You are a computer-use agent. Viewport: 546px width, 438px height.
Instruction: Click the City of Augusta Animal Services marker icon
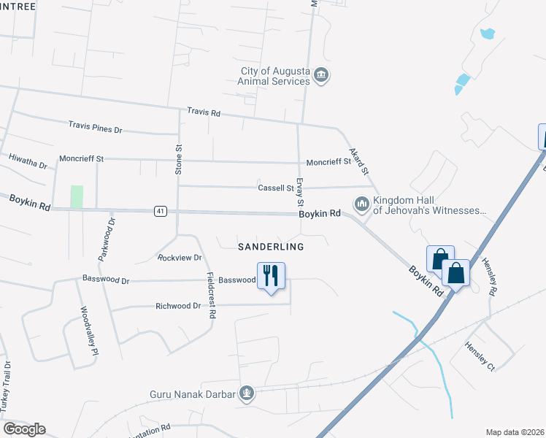click(322, 75)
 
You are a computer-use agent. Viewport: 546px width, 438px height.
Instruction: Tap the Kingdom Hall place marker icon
click(361, 204)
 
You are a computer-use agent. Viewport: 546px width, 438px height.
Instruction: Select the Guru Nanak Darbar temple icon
click(247, 394)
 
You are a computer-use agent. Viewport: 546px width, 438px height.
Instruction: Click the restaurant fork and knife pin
click(271, 277)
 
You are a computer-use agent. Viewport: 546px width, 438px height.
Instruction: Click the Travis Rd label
click(204, 112)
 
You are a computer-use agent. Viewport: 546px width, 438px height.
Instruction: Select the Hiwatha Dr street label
click(28, 157)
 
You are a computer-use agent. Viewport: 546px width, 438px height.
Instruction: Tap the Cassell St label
click(275, 188)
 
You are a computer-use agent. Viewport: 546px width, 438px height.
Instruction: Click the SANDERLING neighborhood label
click(271, 247)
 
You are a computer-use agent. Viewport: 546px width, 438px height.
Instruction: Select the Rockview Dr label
click(180, 258)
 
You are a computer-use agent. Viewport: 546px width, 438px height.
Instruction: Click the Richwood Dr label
click(177, 306)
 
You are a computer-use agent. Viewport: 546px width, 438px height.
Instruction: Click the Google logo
click(24, 429)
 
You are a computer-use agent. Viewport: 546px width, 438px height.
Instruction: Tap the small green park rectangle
click(77, 196)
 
